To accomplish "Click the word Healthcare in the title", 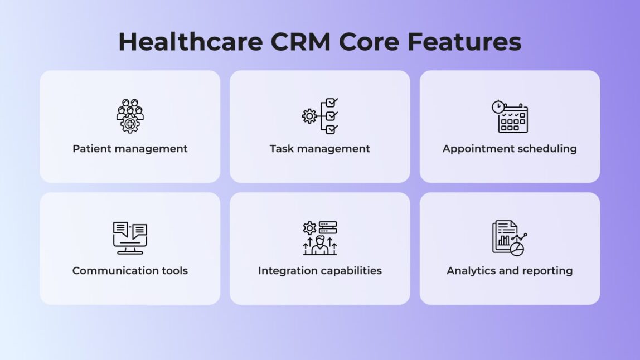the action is coord(191,42).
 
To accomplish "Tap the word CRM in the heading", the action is coord(300,42).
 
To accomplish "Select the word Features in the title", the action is coord(464,42).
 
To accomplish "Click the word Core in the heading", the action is coord(369,42).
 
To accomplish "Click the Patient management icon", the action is coord(130,116).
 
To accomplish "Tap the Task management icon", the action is coord(320,116).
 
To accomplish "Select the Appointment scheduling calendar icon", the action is coord(510,116).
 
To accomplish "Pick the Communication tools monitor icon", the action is coord(130,238).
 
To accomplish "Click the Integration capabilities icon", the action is coord(320,238).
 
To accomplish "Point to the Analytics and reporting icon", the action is coord(510,238).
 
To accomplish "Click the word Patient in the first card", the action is coord(92,149).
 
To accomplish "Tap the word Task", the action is coord(282,149).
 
